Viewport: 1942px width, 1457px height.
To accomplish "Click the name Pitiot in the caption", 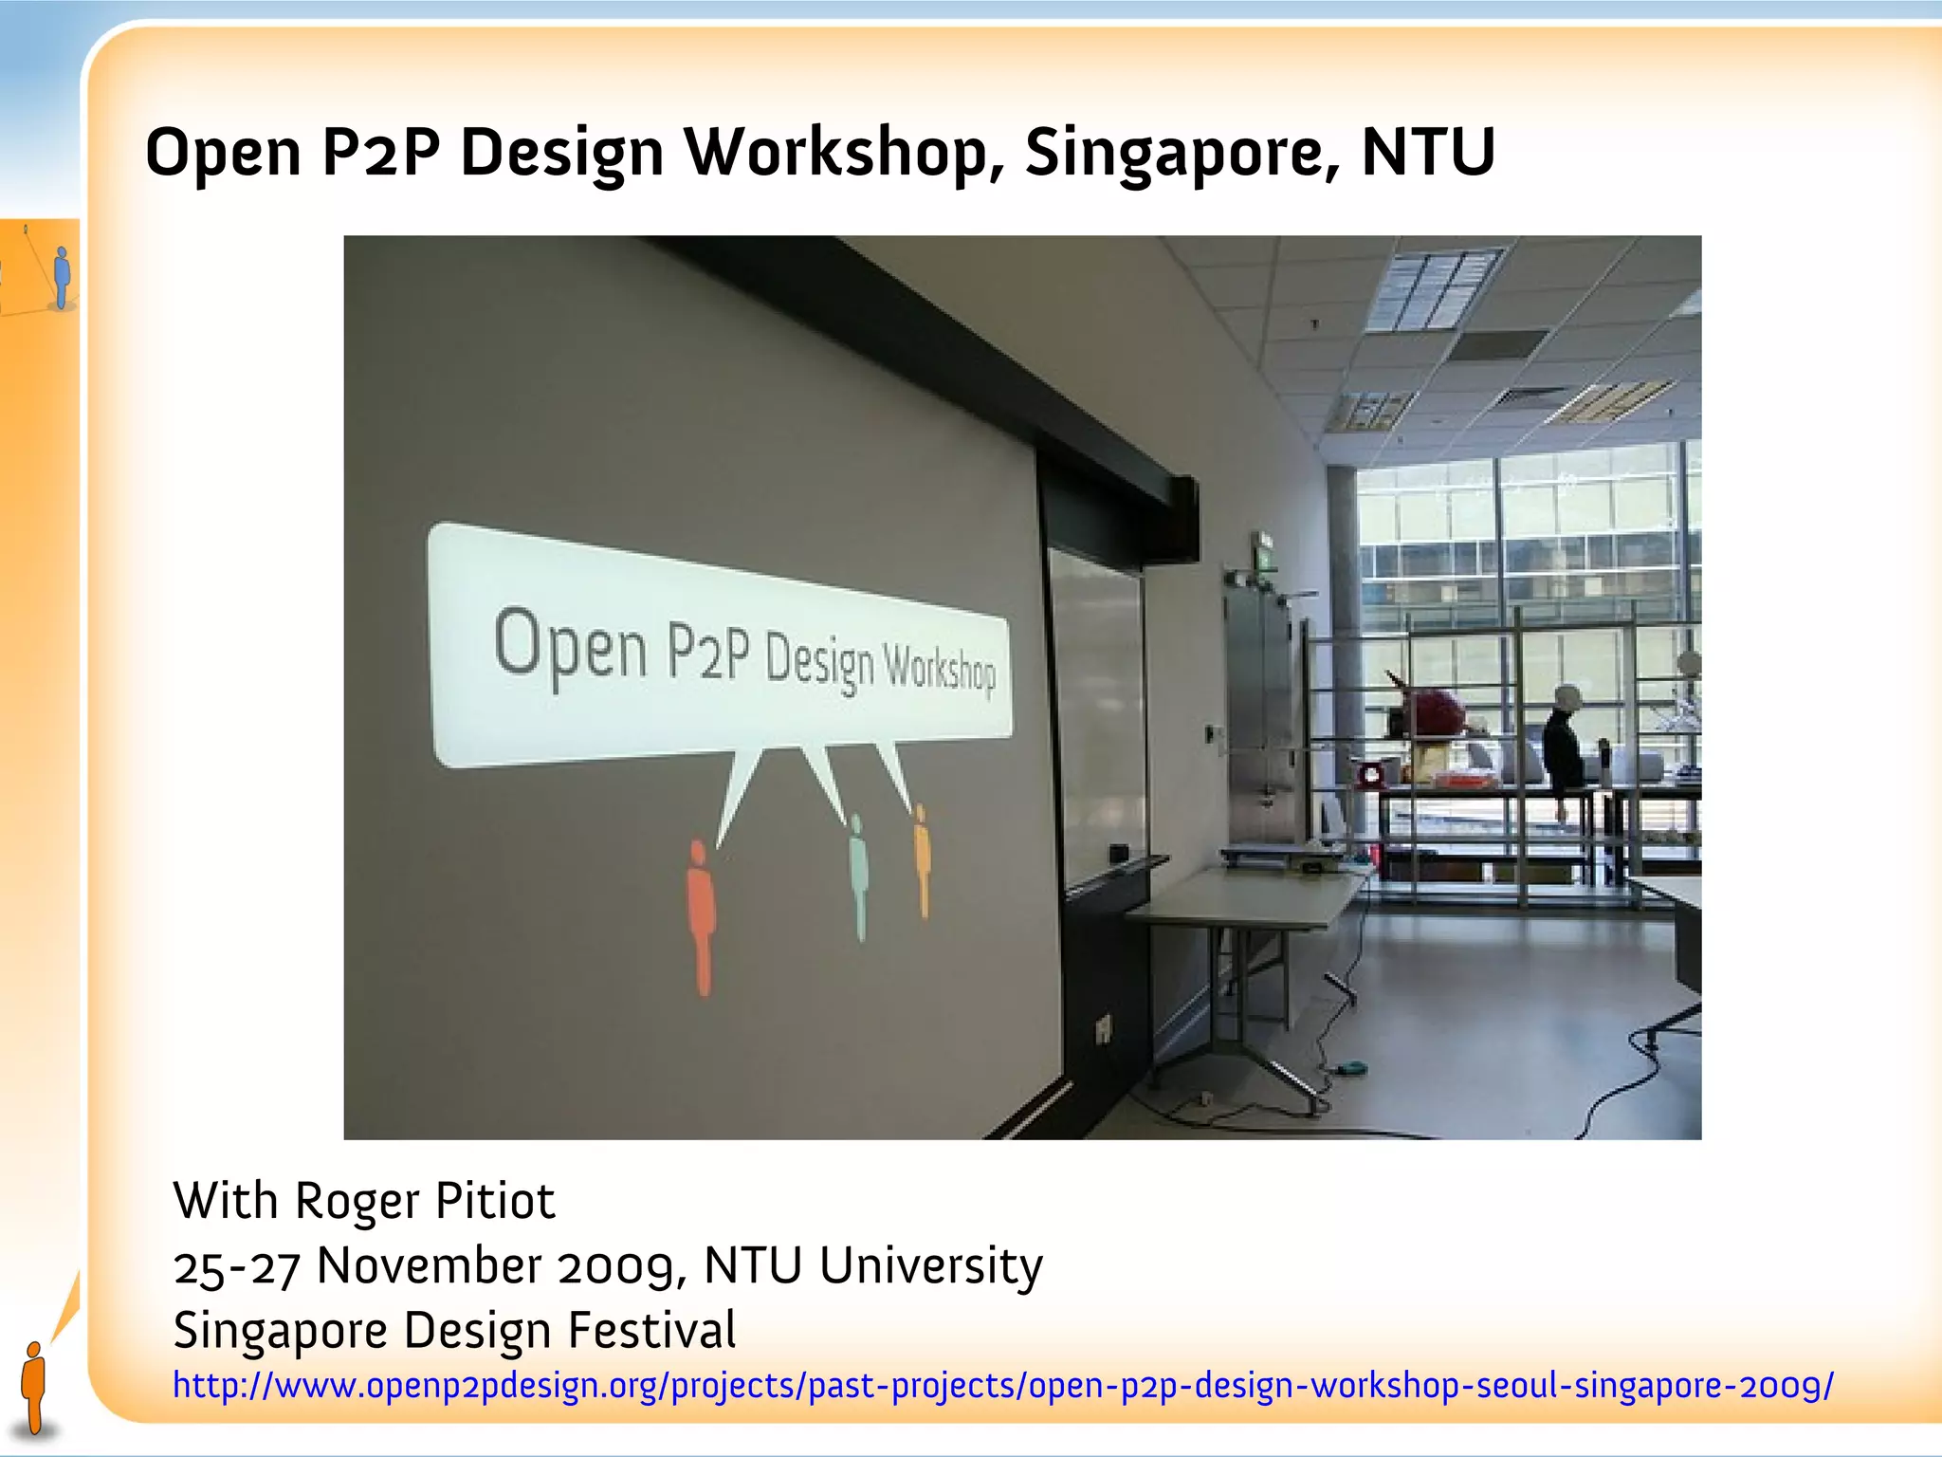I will pos(494,1202).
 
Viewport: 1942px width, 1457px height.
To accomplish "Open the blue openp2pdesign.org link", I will pos(1002,1386).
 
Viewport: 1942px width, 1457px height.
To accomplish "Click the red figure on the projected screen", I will pos(701,915).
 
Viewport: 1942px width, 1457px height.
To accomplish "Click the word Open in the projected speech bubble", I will pos(570,645).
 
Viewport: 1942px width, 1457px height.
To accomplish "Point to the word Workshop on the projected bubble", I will pos(939,669).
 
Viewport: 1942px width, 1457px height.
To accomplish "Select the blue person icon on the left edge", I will pos(62,277).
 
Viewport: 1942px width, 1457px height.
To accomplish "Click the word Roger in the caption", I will pos(357,1202).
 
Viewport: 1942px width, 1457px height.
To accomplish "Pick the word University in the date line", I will pos(930,1266).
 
